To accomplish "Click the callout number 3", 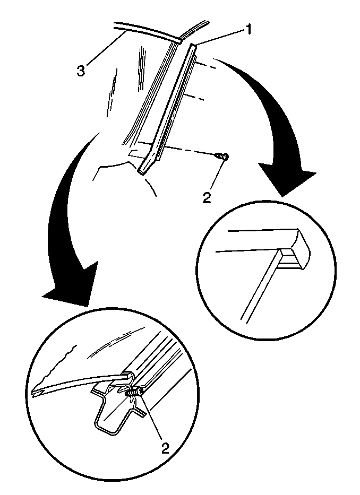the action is (81, 71).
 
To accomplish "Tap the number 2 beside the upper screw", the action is (207, 198).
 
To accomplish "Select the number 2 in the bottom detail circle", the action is (165, 448).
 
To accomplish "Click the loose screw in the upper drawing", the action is (221, 157).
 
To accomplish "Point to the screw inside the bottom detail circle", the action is (135, 393).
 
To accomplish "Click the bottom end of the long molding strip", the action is (142, 171).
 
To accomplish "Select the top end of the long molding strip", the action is (194, 46).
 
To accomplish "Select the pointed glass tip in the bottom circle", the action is (37, 393).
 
